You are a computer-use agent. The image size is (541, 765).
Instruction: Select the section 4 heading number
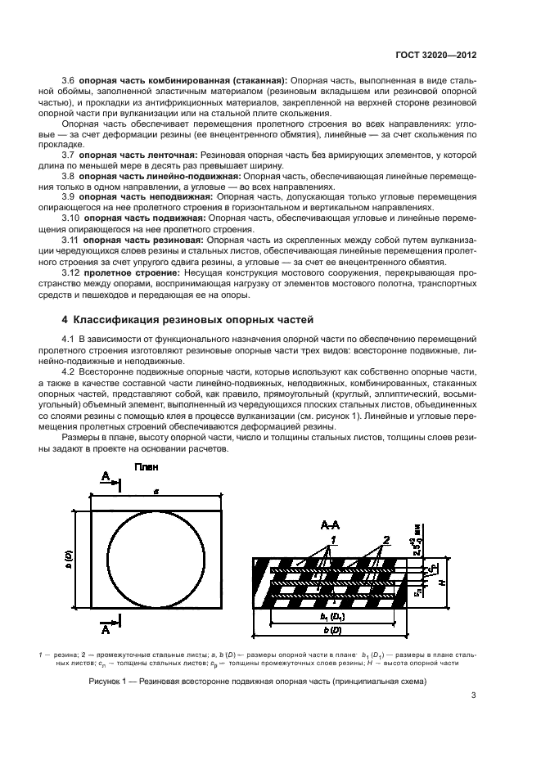point(66,318)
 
